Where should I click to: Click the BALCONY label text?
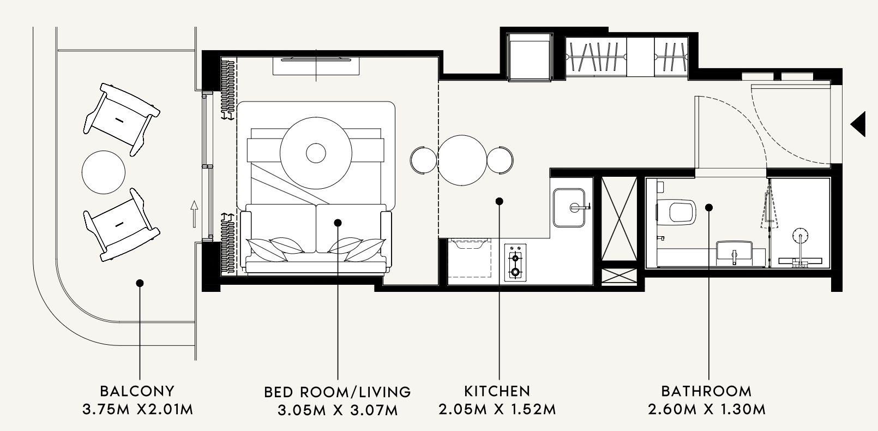point(137,391)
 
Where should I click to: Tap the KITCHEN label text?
point(497,391)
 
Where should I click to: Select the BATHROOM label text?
point(706,391)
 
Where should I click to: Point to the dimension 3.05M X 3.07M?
point(338,410)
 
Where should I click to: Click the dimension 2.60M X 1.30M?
point(707,409)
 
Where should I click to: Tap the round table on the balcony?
point(104,172)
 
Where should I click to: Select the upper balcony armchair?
point(122,119)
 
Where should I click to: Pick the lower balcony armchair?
point(122,225)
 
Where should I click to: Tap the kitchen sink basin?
point(569,208)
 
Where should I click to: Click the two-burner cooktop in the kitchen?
point(515,261)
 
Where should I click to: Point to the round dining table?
point(462,160)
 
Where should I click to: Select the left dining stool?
point(423,160)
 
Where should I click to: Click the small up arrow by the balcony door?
point(194,214)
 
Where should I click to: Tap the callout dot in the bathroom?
point(709,207)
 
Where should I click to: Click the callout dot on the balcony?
point(140,283)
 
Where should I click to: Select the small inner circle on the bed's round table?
point(316,153)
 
